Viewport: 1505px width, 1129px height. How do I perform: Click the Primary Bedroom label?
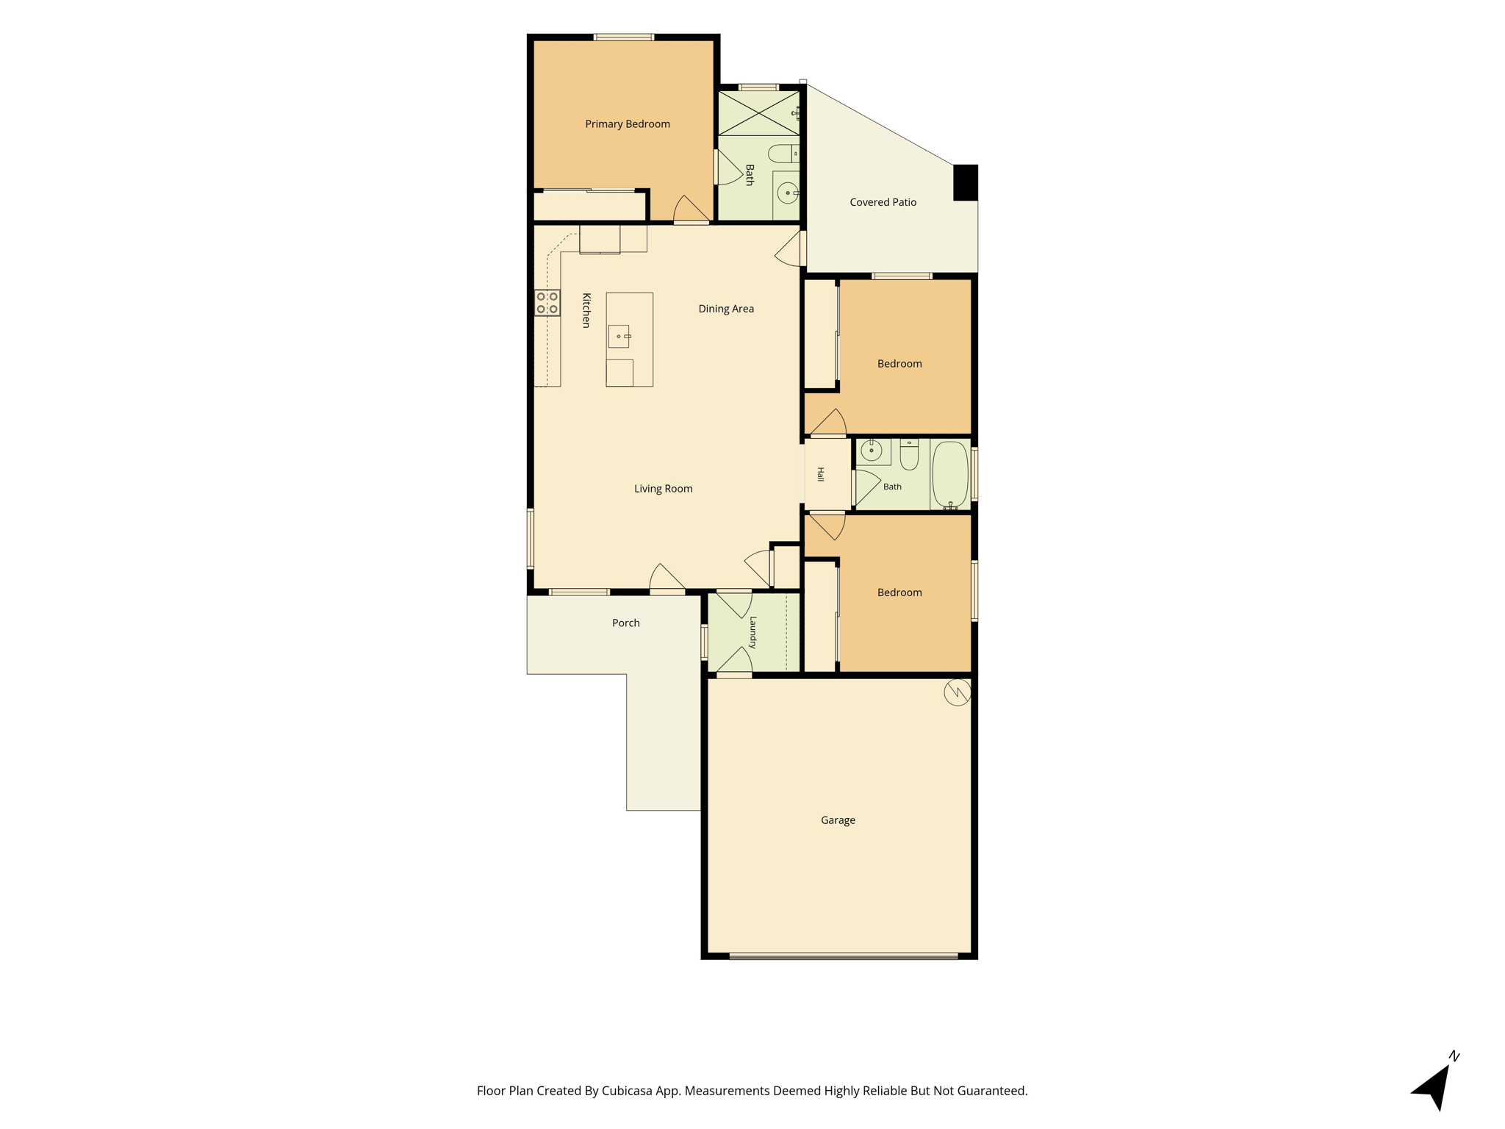click(628, 124)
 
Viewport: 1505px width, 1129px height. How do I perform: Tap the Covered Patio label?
click(883, 202)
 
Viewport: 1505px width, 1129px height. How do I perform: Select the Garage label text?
click(838, 820)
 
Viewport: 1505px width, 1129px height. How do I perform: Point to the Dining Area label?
click(726, 309)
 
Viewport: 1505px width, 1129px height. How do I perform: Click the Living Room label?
click(663, 489)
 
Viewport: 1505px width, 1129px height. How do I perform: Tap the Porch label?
click(625, 623)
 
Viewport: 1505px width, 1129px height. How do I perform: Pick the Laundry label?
click(752, 632)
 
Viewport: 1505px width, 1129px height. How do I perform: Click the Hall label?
click(821, 474)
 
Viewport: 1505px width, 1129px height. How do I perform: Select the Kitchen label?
click(586, 310)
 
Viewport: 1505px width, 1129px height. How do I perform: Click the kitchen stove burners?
click(547, 303)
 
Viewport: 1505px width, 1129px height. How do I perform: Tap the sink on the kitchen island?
click(619, 336)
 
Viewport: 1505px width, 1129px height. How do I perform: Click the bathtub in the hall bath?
click(950, 474)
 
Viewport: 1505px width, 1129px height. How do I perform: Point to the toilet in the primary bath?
click(783, 154)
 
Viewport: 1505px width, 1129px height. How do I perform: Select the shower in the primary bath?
click(758, 113)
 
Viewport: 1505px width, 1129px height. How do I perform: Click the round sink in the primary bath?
click(788, 193)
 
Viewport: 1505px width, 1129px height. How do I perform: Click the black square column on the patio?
click(966, 182)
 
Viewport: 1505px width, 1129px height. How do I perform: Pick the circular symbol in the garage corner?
click(958, 692)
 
